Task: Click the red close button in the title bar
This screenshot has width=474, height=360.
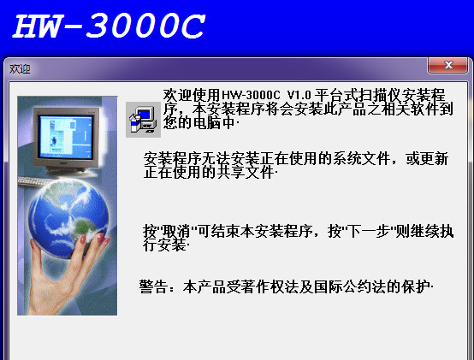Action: point(448,66)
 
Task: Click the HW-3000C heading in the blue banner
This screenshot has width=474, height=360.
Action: point(107,27)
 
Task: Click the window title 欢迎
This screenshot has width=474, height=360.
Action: point(20,68)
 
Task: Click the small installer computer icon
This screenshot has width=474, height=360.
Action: point(141,119)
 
